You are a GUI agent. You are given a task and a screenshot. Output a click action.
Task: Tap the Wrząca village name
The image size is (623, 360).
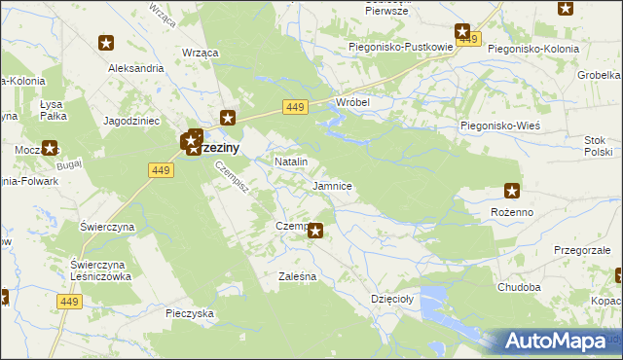coord(199,52)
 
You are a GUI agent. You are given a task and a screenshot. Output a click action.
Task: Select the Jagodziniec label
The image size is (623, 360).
coord(131,121)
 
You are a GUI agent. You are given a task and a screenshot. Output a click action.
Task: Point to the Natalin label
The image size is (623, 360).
coord(291,161)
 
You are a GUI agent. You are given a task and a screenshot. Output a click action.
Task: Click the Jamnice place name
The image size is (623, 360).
coord(332,185)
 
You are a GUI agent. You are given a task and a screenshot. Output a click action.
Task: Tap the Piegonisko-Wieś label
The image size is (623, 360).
coord(499,126)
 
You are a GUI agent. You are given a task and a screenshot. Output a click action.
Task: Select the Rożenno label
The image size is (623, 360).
coord(513,210)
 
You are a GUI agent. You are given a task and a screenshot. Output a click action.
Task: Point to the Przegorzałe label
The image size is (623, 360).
coord(582,250)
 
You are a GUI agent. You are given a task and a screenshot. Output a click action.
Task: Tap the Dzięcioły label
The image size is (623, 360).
coord(392,299)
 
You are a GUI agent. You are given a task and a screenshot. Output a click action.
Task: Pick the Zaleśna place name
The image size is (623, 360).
coord(297,276)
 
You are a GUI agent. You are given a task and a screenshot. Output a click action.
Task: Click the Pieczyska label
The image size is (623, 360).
coord(189,313)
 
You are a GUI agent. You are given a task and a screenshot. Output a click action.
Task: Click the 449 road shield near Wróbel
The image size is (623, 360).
coord(296,106)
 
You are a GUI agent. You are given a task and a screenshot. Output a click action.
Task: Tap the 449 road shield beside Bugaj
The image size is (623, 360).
coord(162,169)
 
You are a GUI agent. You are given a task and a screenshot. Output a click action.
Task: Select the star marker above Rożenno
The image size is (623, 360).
coord(512,191)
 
